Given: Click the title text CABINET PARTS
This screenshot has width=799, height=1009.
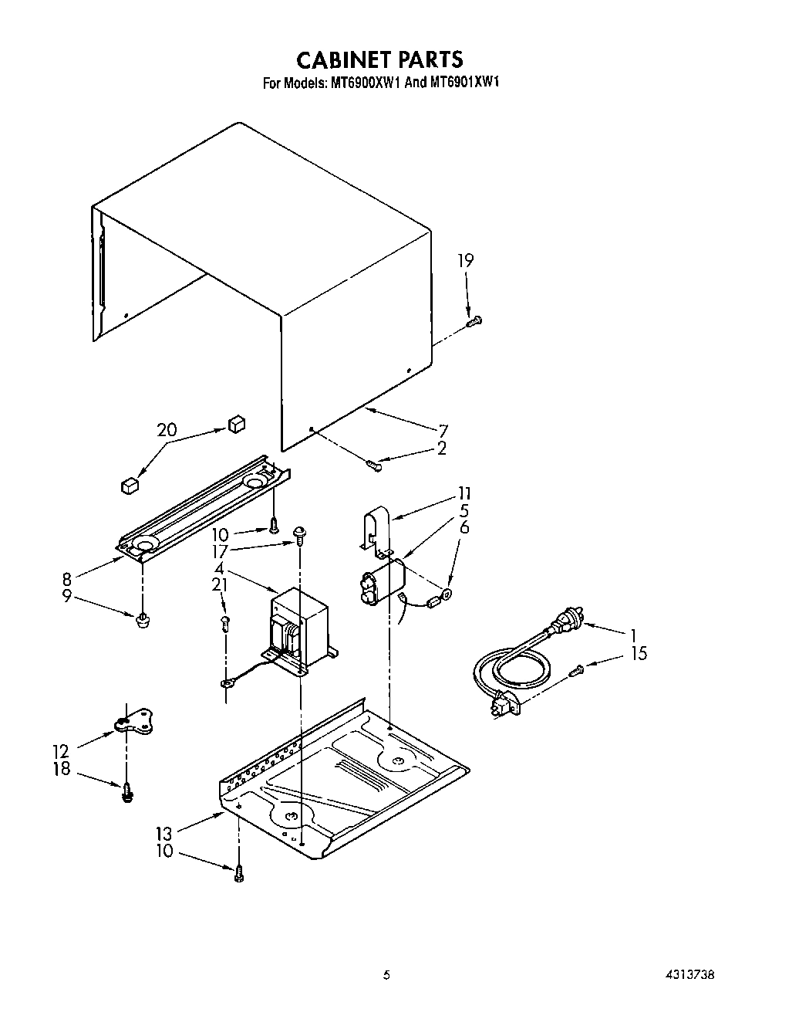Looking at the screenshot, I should click(379, 59).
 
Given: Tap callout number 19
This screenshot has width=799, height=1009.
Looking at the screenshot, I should click(465, 261).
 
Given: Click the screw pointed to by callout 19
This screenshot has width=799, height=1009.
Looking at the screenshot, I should click(474, 321).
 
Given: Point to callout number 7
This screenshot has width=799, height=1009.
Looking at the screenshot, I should click(443, 431).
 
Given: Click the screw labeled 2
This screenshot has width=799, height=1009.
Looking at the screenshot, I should click(375, 464).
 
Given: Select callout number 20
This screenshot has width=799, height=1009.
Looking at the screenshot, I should click(167, 430).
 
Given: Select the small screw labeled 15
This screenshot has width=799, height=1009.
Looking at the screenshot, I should click(576, 672).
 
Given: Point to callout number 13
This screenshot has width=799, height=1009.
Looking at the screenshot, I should click(164, 834).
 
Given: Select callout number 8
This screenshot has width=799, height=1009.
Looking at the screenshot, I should click(67, 578).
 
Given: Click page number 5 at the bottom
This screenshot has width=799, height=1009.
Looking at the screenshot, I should click(387, 975).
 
